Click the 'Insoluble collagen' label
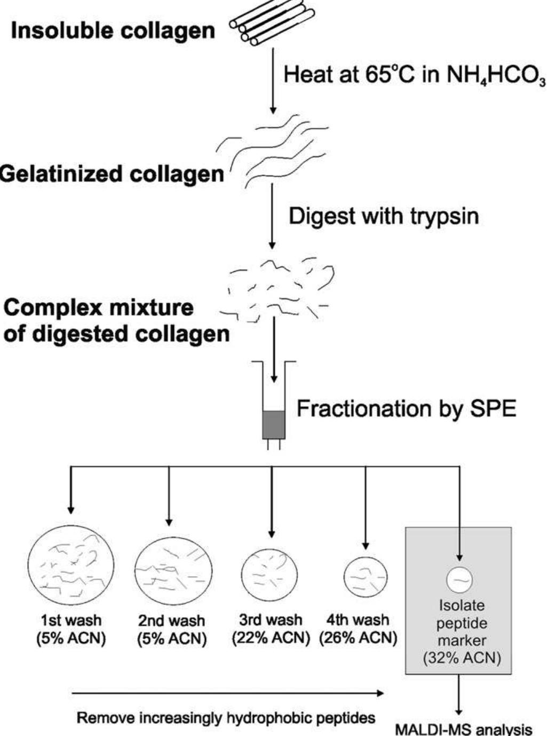click(113, 31)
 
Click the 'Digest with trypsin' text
click(384, 216)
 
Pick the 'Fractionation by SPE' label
click(406, 409)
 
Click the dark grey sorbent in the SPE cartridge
click(274, 425)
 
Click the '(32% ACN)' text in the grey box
click(462, 658)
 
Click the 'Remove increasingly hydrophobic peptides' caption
click(226, 718)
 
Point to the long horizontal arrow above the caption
click(227, 693)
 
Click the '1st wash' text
click(71, 620)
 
